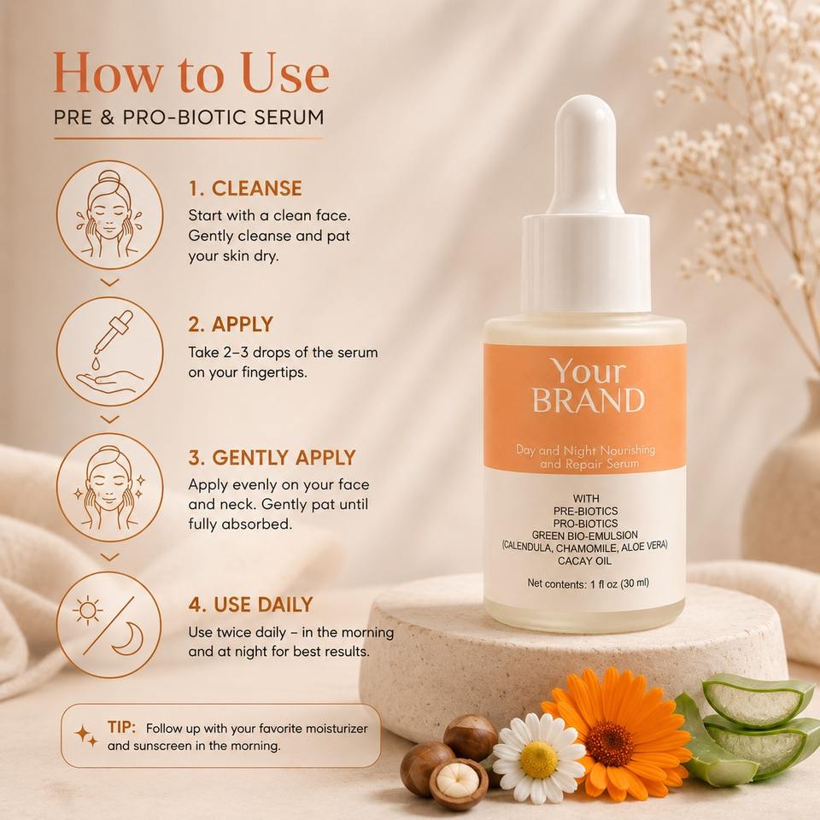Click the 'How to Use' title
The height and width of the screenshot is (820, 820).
pos(191,73)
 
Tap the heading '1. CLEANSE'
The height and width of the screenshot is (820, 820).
pos(245,188)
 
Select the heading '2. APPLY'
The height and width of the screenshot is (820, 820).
pos(231,325)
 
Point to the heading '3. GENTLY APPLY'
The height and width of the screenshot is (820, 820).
pos(272,458)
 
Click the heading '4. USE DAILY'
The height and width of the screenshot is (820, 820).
pos(250,605)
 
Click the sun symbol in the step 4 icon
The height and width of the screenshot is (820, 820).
pos(88,610)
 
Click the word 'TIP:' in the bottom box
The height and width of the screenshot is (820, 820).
pos(121,727)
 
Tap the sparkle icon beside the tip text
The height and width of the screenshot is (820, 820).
pos(85,735)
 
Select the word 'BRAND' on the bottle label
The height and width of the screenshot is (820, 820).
pos(589,400)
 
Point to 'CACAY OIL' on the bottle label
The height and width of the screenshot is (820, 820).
pos(584,561)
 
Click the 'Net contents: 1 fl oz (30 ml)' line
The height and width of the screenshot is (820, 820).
pos(588,583)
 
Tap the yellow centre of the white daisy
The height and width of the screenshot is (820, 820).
pos(539,758)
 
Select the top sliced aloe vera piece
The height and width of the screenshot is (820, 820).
pos(752,700)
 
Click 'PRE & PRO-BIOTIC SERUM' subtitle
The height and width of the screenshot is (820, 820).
pos(189,117)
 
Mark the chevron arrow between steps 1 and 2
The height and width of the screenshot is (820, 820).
pos(109,283)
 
